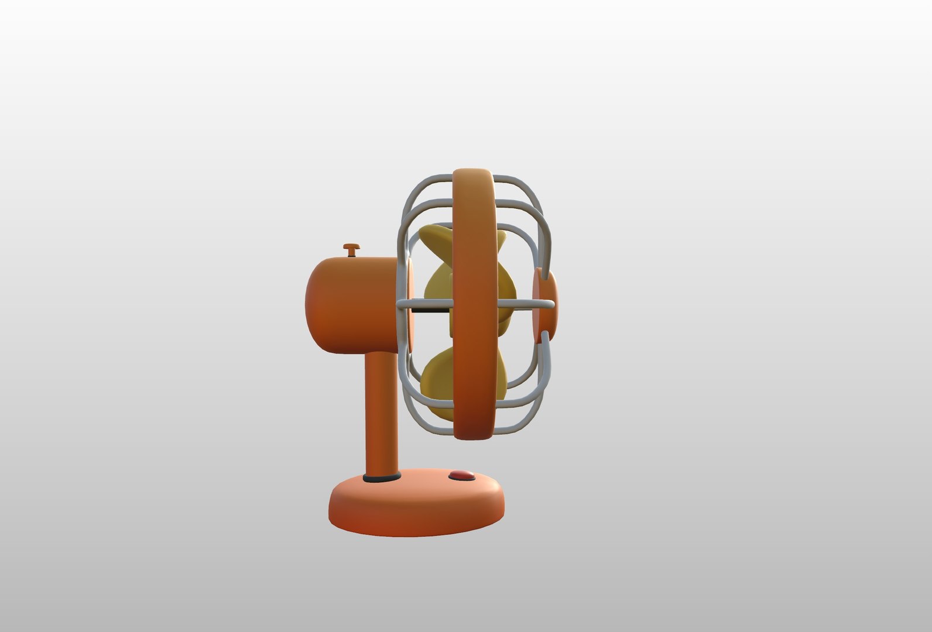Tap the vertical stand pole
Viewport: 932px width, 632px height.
(382, 410)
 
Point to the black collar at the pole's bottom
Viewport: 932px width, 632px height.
(382, 478)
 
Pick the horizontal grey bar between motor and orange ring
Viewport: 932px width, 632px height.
(424, 304)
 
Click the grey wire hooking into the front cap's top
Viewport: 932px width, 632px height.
(542, 263)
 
